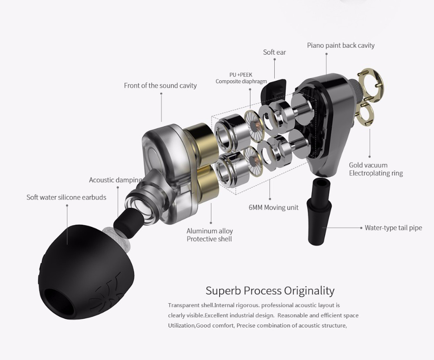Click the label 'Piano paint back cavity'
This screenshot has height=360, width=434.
[x=341, y=46]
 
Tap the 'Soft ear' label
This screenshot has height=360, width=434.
[x=274, y=52]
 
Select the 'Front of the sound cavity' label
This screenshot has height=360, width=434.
[x=160, y=85]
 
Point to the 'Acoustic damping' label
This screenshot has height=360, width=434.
[x=115, y=180]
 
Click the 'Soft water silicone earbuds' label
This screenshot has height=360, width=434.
[x=66, y=197]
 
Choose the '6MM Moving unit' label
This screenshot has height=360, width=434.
[x=273, y=207]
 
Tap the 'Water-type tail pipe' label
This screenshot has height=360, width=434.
[x=393, y=228]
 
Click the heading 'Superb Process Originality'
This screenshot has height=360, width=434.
[x=270, y=290]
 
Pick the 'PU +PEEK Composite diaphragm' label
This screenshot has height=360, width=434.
[x=241, y=78]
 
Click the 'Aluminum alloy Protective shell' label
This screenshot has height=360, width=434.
[x=210, y=235]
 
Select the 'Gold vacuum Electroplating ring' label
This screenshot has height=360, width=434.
[x=376, y=169]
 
